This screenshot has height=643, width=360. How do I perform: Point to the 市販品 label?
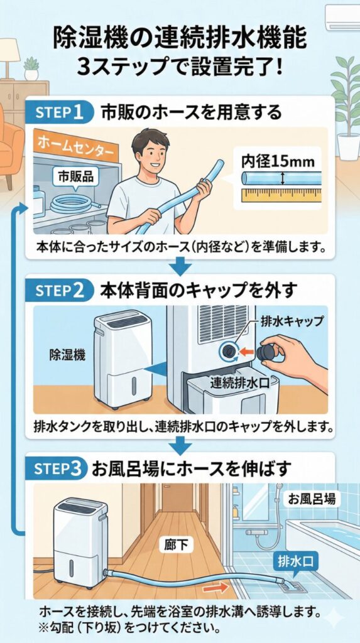(75, 176)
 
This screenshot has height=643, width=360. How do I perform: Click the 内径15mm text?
(278, 161)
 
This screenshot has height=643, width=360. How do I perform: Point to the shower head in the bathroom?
(279, 487)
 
